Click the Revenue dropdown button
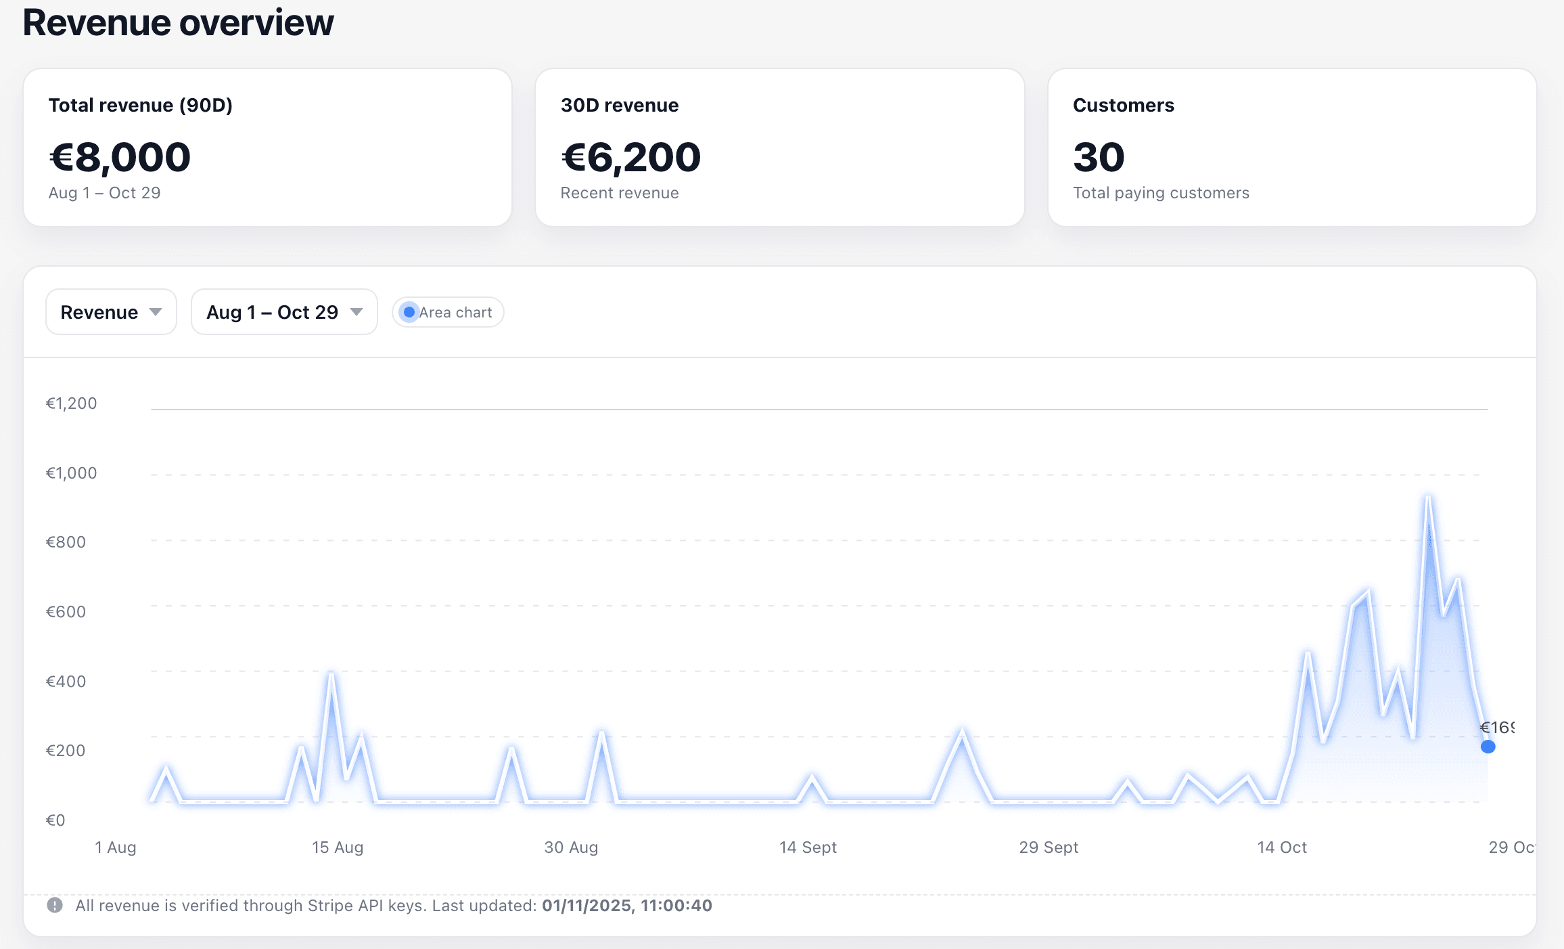coord(111,312)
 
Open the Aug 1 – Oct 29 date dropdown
coord(284,312)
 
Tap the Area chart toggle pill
coord(448,312)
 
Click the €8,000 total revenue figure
coord(120,157)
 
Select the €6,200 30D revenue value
coord(630,157)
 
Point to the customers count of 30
coord(1099,157)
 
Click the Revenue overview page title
coord(178,22)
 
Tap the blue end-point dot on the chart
coord(1488,747)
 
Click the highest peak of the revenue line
coord(1428,498)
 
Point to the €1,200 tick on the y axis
coord(71,403)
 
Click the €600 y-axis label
coord(66,612)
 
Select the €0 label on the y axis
coord(55,820)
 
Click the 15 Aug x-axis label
coord(338,847)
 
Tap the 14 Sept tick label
coord(808,847)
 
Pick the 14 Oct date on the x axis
coord(1281,847)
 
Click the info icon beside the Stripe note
coord(55,905)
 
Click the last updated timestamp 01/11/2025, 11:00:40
coord(626,906)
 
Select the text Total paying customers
coord(1161,193)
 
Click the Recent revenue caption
coord(620,193)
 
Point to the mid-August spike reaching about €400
coord(331,674)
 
